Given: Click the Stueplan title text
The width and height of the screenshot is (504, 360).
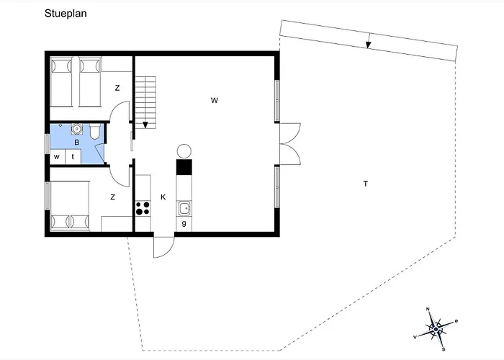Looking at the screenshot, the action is coord(66,14).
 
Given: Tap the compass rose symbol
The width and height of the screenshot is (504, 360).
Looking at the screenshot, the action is coord(436,330).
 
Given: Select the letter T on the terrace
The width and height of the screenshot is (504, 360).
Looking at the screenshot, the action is coord(366,184).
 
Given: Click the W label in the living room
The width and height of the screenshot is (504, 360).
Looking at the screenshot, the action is coord(215,100).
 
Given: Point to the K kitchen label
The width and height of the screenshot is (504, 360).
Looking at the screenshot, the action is coord(163,197).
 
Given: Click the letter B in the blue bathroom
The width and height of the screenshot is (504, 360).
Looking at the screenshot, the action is coord(77,142).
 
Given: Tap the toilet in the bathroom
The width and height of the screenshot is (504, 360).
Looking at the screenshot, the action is coord(95,132).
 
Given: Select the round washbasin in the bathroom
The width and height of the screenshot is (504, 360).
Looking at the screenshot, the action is coord(76,129).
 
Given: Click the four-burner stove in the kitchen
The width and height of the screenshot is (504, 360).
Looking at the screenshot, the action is coord(143,208).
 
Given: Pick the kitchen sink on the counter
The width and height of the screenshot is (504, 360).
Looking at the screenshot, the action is coord(184,209).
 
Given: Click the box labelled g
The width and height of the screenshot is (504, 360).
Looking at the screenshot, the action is coord(184,224).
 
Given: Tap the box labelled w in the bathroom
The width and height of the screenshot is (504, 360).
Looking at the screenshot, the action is coord(58,157).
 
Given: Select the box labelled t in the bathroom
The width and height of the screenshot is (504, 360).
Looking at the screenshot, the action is coord(73,157).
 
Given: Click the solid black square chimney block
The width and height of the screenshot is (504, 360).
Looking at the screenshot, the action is coord(184,167).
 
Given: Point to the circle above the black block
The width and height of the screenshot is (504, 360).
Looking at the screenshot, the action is coord(184,151).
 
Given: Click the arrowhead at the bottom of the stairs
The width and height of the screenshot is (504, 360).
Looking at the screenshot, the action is coord(145,125).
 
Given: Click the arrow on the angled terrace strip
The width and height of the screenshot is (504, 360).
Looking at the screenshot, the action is coord(369,41).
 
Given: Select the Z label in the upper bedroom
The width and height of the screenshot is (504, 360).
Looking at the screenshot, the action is coord(117,88).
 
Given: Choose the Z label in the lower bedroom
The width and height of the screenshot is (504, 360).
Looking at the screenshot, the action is coord(112,197).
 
